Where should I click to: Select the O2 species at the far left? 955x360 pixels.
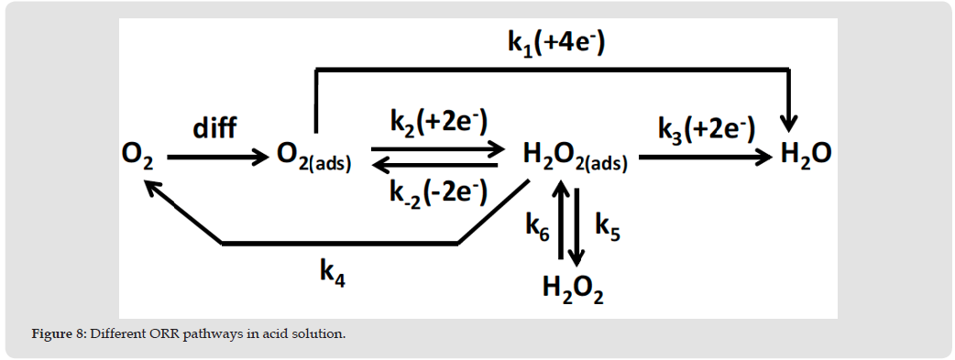click(137, 158)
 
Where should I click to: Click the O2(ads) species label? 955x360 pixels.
click(314, 158)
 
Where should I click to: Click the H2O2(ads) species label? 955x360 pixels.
click(576, 158)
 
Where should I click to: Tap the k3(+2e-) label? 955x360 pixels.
click(707, 128)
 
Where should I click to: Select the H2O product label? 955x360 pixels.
click(806, 158)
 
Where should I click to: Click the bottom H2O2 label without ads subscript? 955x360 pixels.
click(573, 289)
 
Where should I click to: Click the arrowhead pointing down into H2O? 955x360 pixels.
click(790, 125)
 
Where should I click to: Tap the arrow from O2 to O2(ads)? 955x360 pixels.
click(218, 158)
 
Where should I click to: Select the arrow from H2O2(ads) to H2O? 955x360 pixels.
click(706, 158)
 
